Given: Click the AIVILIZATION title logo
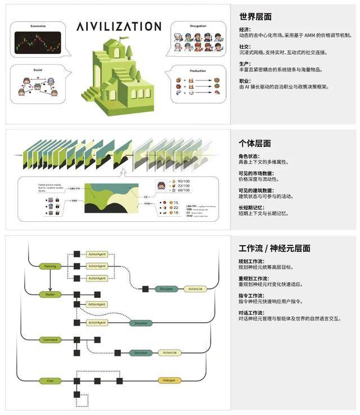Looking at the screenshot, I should pyautogui.click(x=119, y=26).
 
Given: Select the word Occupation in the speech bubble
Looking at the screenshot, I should pyautogui.click(x=195, y=25).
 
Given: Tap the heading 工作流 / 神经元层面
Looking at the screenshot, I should pyautogui.click(x=274, y=248).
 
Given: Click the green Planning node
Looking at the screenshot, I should pyautogui.click(x=49, y=266).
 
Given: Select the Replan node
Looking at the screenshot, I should pyautogui.click(x=49, y=294).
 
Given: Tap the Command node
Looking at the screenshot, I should pyautogui.click(x=49, y=340).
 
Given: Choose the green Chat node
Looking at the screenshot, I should pyautogui.click(x=49, y=381).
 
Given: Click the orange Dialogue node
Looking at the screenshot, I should pyautogui.click(x=169, y=381).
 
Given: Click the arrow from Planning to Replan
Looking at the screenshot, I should pyautogui.click(x=49, y=280).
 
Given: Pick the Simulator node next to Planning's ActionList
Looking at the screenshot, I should pyautogui.click(x=166, y=289).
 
